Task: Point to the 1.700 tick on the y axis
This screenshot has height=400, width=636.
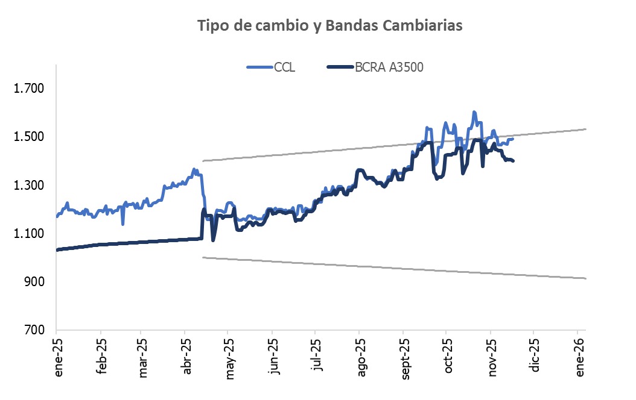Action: coord(29,89)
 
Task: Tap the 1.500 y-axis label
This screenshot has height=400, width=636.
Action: coord(29,137)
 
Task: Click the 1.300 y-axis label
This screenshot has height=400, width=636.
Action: coord(29,185)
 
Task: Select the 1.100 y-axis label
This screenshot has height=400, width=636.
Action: coord(29,233)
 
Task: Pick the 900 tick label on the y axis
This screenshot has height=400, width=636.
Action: coord(34,281)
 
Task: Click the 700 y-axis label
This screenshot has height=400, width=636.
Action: coord(34,330)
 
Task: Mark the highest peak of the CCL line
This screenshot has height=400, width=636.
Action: coord(474,112)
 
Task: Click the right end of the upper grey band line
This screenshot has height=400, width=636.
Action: coord(586,129)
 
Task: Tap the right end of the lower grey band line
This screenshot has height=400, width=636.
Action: coord(586,278)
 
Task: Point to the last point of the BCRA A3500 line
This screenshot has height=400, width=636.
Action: coord(513,161)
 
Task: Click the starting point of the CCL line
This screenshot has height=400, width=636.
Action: coord(57,216)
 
